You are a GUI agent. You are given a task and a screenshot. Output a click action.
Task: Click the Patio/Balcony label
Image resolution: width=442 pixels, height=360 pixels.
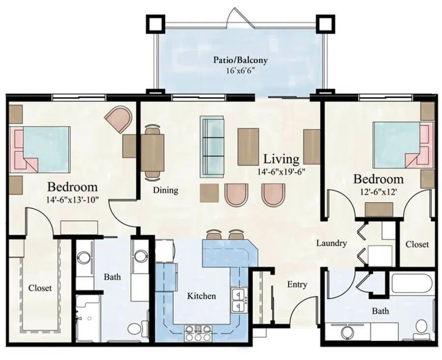coord(240,60)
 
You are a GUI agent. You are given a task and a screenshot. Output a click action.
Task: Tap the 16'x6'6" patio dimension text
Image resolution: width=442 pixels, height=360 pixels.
coord(240,71)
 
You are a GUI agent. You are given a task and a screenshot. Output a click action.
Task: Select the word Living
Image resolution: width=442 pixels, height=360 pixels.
coord(281,159)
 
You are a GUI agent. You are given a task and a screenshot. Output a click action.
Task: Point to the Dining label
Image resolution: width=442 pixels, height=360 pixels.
coord(166,190)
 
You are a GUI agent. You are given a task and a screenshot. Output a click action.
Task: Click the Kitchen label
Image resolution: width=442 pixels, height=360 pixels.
coord(202,296)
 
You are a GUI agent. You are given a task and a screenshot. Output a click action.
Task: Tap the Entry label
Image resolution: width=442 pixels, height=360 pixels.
coord(297,284)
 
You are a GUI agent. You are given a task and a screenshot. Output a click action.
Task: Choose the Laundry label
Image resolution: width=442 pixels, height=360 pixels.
coord(331,243)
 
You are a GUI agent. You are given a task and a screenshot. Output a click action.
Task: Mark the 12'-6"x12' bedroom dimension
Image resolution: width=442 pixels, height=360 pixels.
coord(379,192)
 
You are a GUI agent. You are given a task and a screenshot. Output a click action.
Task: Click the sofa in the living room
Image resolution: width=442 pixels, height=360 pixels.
coord(212,147)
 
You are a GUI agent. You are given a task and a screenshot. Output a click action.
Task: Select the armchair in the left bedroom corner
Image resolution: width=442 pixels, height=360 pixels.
coord(120,118)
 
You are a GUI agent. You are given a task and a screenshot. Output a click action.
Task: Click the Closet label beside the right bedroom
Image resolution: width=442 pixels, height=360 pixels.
coord(417,244)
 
